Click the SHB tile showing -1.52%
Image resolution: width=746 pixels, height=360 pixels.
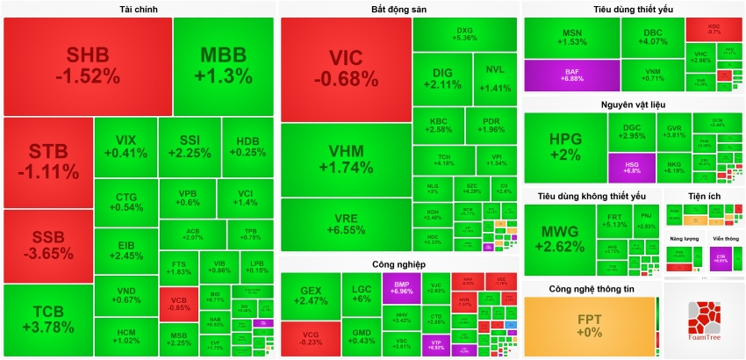tap(87, 66)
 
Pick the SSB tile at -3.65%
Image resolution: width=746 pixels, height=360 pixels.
tap(47, 246)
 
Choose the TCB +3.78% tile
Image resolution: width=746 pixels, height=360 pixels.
tap(47, 320)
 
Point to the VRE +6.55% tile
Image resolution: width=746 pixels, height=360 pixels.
tap(347, 223)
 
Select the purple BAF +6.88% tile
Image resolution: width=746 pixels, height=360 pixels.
tap(571, 75)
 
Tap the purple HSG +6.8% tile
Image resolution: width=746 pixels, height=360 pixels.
tap(632, 167)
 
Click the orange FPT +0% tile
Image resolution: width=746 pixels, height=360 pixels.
tap(589, 326)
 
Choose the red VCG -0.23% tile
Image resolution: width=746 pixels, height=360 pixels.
tap(311, 339)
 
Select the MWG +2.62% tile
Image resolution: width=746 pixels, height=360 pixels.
tap(559, 239)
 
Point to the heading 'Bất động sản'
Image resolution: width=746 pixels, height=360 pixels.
tap(398, 10)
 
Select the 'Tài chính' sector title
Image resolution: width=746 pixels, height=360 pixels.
tap(139, 10)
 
